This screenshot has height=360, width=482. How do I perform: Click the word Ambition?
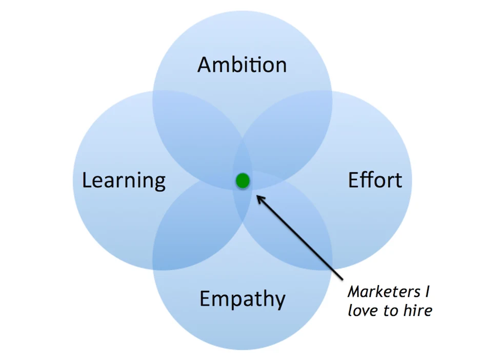click(242, 65)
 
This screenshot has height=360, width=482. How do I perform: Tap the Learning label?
click(124, 181)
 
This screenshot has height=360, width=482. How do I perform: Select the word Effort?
click(375, 180)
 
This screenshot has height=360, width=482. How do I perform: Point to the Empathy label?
click(242, 298)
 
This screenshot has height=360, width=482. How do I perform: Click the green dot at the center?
click(243, 181)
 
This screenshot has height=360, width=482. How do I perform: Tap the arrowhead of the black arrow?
click(258, 196)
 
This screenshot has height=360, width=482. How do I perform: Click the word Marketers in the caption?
click(382, 292)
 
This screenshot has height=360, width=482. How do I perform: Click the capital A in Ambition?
click(205, 65)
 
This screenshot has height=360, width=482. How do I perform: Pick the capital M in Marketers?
click(354, 292)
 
